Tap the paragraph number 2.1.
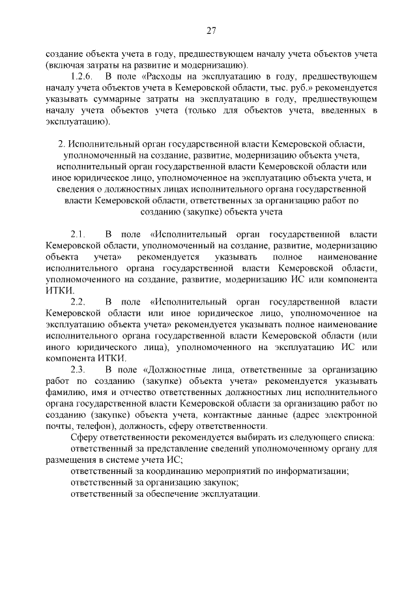click(x=79, y=233)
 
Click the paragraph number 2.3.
click(x=79, y=370)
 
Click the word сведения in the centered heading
click(x=64, y=188)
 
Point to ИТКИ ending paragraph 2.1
click(x=60, y=290)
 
